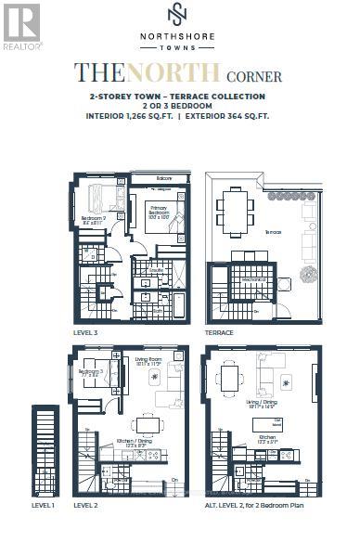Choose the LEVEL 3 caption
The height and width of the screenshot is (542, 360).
tap(87, 331)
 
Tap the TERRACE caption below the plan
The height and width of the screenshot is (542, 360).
tap(220, 331)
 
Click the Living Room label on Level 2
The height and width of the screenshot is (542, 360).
tap(148, 361)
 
